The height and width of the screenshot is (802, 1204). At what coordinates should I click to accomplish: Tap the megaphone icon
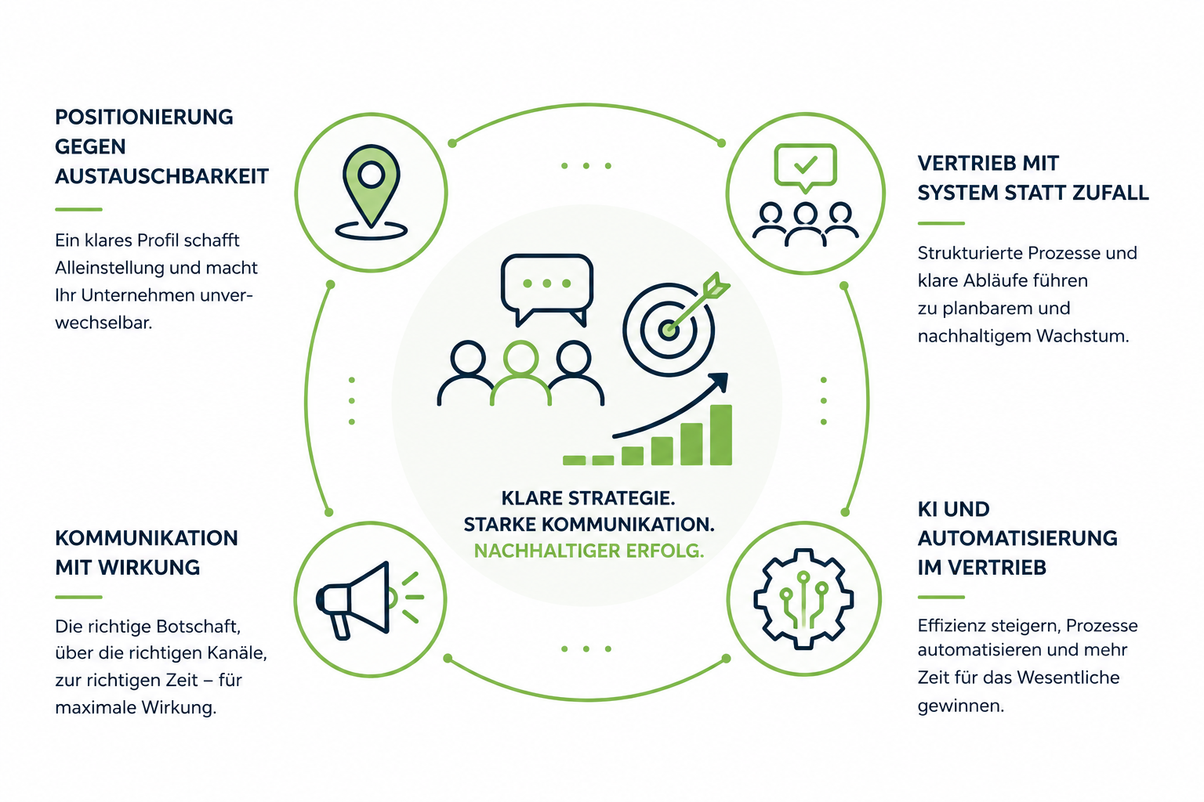(369, 600)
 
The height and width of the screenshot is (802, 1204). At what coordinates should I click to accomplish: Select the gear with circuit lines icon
(803, 599)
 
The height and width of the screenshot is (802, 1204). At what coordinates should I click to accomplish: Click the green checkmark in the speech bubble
(805, 164)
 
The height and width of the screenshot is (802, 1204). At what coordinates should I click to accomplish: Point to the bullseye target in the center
(669, 329)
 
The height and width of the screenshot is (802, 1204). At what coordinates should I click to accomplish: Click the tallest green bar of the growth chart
(721, 435)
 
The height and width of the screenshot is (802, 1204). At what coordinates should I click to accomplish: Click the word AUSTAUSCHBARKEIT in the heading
(161, 176)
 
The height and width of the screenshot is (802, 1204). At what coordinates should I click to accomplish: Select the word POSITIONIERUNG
(144, 117)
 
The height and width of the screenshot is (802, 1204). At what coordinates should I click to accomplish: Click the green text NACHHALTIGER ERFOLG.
(589, 551)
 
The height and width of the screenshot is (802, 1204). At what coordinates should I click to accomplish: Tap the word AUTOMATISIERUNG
(1017, 538)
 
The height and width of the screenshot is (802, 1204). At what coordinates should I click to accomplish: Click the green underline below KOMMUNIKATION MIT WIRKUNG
(78, 597)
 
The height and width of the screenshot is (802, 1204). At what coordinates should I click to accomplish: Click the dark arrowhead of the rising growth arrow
(717, 382)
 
